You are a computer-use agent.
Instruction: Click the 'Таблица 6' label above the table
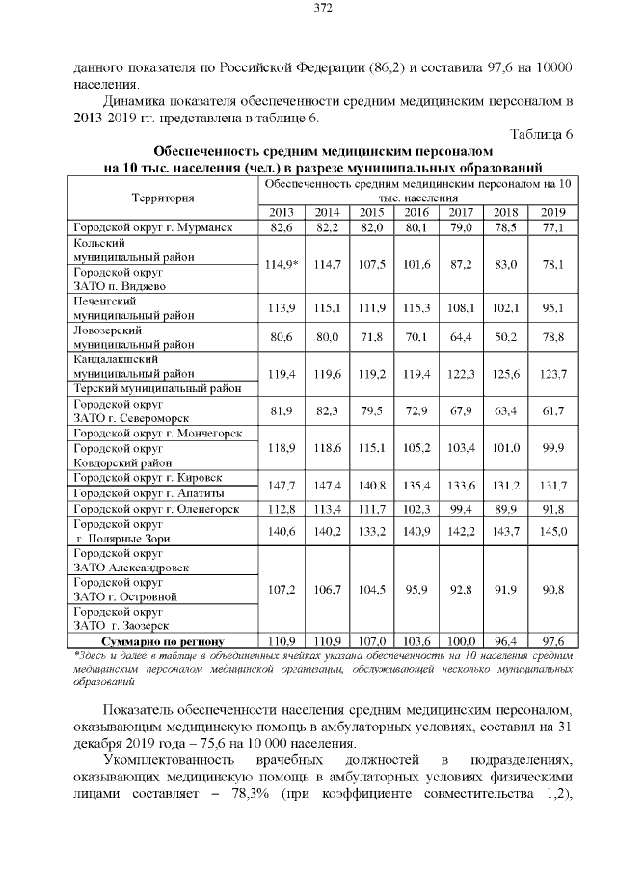pos(541,134)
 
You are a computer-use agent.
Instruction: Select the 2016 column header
pos(416,212)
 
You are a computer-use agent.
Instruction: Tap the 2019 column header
pos(551,212)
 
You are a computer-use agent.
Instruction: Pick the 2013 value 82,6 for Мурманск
pos(281,227)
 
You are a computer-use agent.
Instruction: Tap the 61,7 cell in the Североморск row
pos(551,410)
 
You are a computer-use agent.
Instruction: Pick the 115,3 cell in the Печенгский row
pos(416,307)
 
